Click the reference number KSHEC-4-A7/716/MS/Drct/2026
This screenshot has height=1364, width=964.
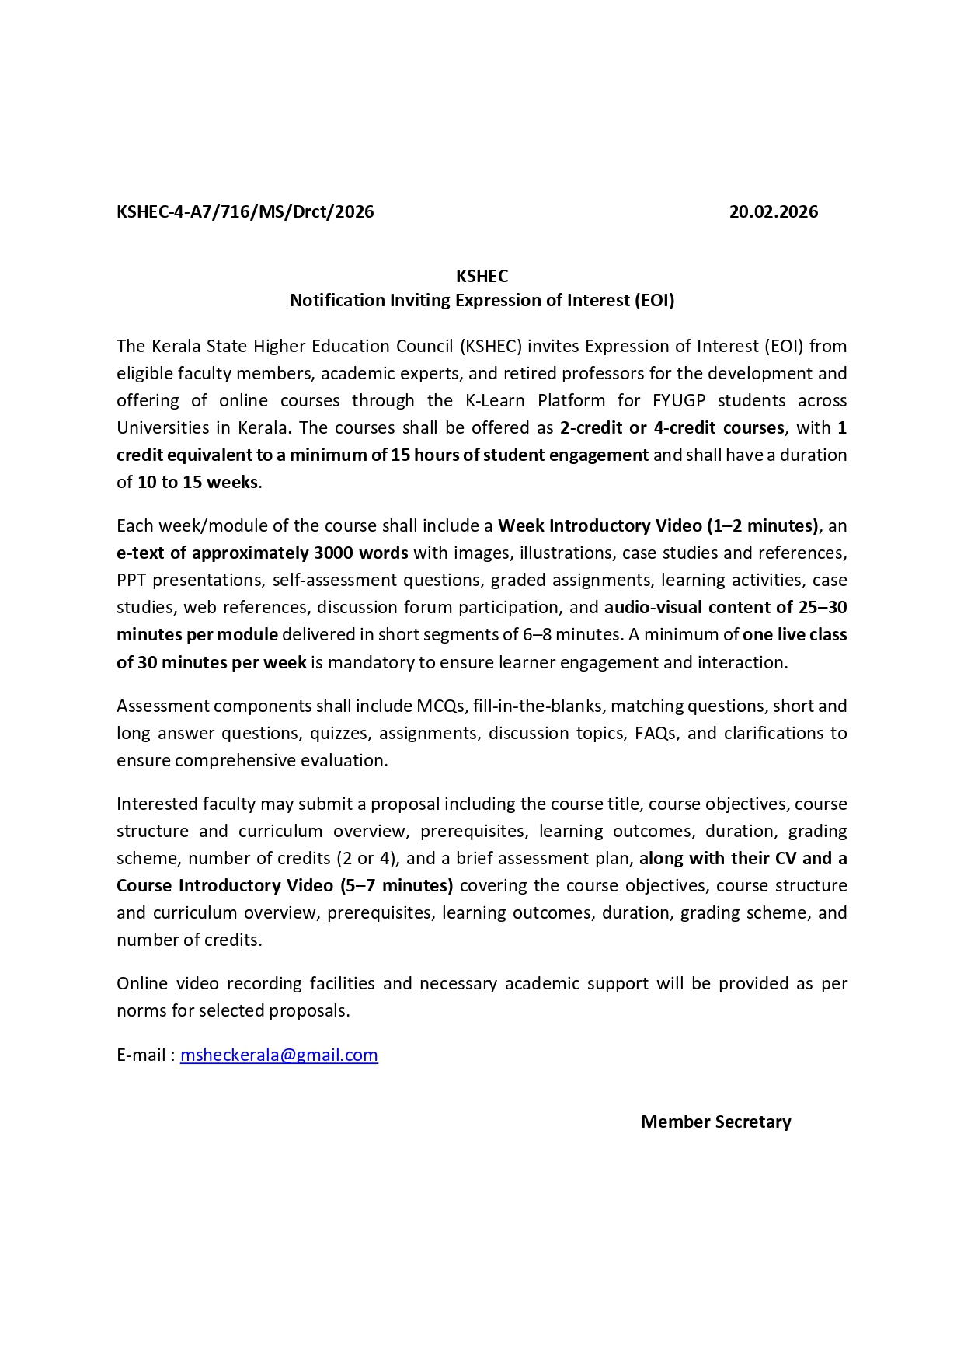pos(245,211)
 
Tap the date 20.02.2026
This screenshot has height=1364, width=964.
pos(773,211)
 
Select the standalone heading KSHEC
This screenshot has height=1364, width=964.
pos(482,276)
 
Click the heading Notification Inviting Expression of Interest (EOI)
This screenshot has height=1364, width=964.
pos(482,300)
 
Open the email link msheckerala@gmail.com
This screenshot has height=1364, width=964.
pos(279,1055)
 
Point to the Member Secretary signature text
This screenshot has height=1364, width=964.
pos(715,1122)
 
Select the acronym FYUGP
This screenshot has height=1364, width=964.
pos(679,400)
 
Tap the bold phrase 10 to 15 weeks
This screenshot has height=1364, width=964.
pos(197,482)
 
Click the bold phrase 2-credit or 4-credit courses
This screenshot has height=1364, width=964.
pos(672,427)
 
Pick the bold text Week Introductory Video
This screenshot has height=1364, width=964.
pos(600,525)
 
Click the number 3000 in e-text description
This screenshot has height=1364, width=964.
pos(333,553)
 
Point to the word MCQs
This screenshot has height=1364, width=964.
pos(440,706)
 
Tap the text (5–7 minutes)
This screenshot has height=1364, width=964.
pos(397,885)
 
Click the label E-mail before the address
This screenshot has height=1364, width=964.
pos(141,1055)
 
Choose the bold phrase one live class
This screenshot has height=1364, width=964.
pos(794,634)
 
